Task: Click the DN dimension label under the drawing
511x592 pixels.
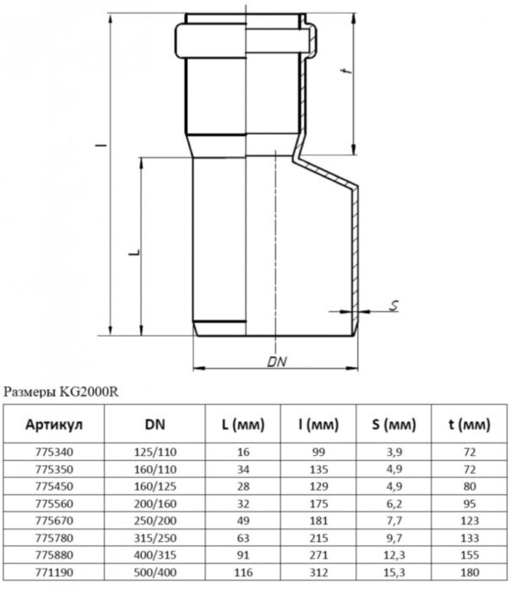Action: [273, 361]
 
